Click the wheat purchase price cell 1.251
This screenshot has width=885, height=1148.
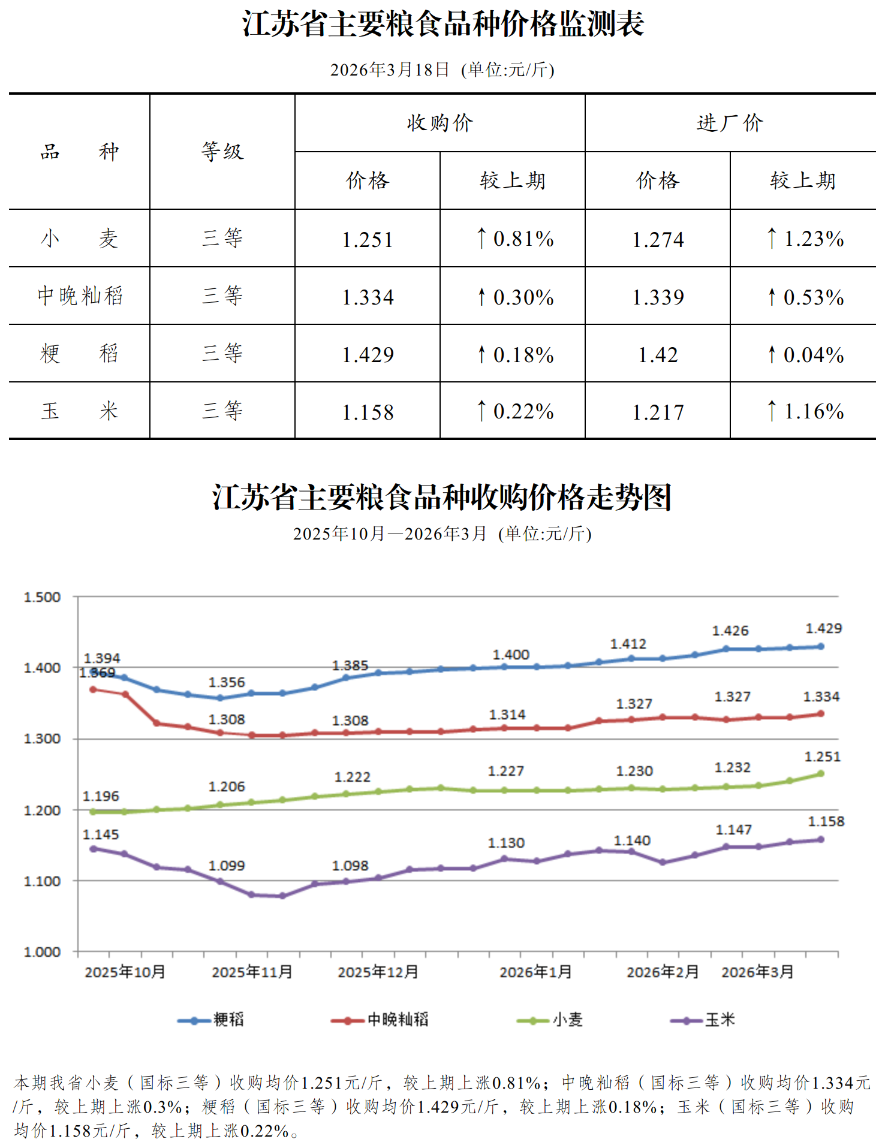click(368, 240)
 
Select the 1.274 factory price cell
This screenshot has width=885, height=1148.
click(658, 240)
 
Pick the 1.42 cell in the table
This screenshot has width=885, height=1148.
click(658, 355)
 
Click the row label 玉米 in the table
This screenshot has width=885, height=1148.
click(79, 411)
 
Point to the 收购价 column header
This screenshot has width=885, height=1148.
click(440, 123)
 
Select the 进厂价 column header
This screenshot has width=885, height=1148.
click(730, 123)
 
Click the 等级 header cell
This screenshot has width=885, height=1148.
click(222, 152)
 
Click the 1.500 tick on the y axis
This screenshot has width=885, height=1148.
click(42, 597)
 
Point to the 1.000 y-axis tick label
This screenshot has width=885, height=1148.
click(42, 952)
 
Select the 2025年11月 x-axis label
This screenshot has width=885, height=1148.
click(252, 972)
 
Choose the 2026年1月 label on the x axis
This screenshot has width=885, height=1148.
click(535, 972)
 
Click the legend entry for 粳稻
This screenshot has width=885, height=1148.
click(228, 1019)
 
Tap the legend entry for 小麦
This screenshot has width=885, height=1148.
click(567, 1019)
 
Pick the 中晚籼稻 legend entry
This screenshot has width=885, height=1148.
click(397, 1019)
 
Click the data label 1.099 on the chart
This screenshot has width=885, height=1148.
click(227, 866)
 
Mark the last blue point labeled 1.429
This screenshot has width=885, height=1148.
click(821, 646)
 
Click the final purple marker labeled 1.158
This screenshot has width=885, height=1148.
click(821, 839)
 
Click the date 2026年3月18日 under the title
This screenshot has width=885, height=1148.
click(390, 70)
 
